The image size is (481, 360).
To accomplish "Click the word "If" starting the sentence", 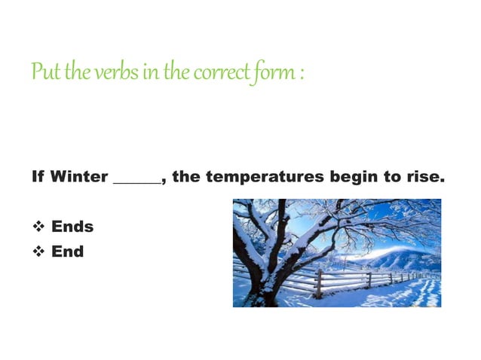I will point(38,178).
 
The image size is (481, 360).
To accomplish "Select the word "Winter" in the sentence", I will point(79,178).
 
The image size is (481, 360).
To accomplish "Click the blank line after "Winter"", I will point(136,182).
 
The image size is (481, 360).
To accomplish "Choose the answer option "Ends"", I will point(72,227).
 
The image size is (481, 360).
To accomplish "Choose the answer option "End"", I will point(67,251).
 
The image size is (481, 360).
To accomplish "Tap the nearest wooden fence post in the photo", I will point(319,283).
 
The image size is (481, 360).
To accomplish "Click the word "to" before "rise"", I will point(394,178).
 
